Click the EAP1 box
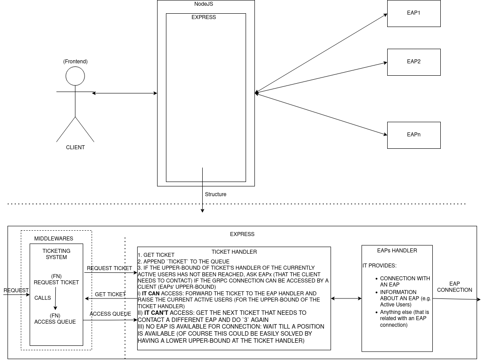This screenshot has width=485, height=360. pos(414,13)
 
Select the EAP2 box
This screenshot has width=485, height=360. pos(414,62)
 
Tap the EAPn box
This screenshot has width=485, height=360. pos(414,135)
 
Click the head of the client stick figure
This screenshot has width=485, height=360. pos(75,76)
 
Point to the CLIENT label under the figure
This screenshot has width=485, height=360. pos(75,147)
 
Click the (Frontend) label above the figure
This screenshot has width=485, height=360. pos(75,61)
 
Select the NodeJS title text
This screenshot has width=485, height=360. pos(206,4)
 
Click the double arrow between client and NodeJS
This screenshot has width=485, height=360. pos(124,93)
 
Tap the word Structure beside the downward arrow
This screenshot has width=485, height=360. pos(216,194)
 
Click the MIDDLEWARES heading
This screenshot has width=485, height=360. pos(54,239)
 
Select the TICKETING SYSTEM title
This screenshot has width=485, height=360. pos(56,254)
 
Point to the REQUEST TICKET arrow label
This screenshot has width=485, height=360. pos(109,268)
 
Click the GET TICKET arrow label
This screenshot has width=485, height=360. pos(110,294)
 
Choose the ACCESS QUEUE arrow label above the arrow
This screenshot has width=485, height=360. pos(110,314)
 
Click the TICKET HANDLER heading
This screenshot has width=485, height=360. pos(234,252)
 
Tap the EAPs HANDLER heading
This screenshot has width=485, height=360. pos(397,251)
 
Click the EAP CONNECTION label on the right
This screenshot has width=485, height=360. pos(454,287)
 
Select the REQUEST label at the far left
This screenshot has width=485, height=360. pos(16,290)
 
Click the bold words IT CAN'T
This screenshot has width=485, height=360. pos(156,313)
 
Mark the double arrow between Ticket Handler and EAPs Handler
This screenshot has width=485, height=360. pos(346,298)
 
